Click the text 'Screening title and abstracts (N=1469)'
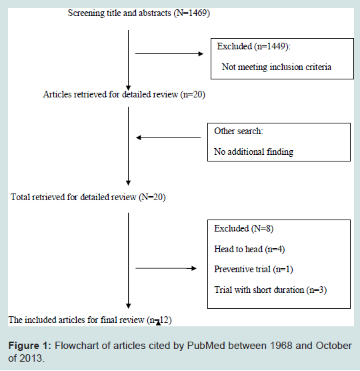coord(139,13)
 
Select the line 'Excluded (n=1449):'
coord(253,47)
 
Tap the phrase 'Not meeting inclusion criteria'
coord(276,67)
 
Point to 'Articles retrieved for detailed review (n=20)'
coord(124,94)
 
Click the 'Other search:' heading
coord(239,131)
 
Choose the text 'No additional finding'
coord(253,151)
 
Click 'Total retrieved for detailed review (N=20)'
coord(88,197)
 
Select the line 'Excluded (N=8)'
coord(244,229)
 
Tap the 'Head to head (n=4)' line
coord(249,249)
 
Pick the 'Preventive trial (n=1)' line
coord(253,270)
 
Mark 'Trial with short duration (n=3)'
coord(271,290)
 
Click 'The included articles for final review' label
coord(77,320)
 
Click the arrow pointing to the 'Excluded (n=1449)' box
coord(169,54)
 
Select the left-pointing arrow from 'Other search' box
coord(168,137)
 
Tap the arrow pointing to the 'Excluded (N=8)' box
coord(166,268)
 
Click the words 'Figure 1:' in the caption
coord(30,346)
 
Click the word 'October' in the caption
coord(334,346)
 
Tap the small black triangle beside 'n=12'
coord(159,323)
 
